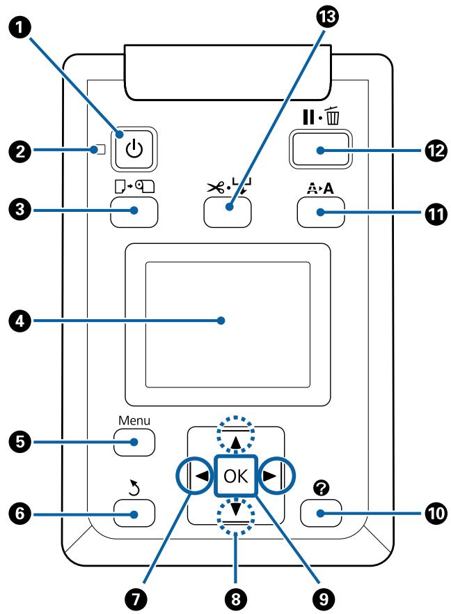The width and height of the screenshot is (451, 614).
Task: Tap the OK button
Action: (236, 476)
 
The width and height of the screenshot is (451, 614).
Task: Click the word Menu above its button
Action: (134, 420)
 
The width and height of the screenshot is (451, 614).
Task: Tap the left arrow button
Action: (196, 476)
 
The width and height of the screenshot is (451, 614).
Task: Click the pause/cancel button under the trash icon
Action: (320, 150)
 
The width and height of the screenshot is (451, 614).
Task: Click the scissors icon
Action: (216, 188)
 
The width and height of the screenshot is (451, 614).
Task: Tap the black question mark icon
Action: (321, 488)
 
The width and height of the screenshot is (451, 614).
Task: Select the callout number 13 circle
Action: (327, 16)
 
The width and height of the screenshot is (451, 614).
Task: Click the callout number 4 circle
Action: (19, 321)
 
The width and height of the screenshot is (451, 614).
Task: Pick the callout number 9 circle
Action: (324, 599)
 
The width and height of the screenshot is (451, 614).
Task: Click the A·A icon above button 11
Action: (320, 188)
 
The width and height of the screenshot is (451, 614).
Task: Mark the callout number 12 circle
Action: (436, 151)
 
